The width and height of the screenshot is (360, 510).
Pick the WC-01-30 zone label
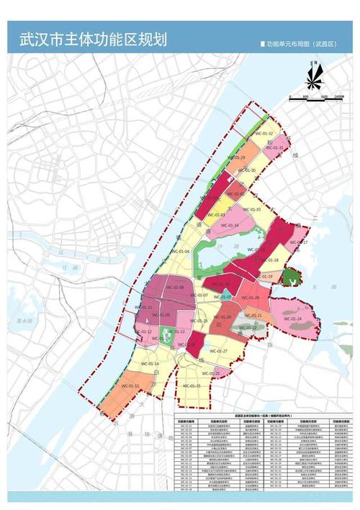point(247,170)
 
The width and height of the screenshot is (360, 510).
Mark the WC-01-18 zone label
point(268,260)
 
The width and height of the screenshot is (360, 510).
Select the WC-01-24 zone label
point(292,318)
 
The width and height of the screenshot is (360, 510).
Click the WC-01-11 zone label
point(145,307)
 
